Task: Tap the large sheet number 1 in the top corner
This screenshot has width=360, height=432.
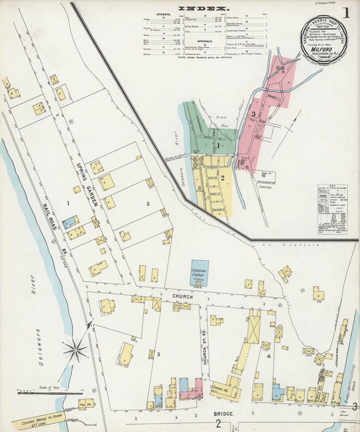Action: click(346, 13)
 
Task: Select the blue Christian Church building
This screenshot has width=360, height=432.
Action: click(200, 273)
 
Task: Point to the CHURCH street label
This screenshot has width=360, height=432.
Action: click(182, 296)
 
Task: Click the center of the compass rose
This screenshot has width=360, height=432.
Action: click(76, 350)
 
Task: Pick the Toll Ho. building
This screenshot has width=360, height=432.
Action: click(86, 404)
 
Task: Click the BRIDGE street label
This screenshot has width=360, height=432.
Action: click(223, 414)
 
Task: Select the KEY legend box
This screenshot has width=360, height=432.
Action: click(332, 209)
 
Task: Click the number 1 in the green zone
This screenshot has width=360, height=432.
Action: click(218, 146)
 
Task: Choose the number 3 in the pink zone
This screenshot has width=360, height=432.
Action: click(253, 114)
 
